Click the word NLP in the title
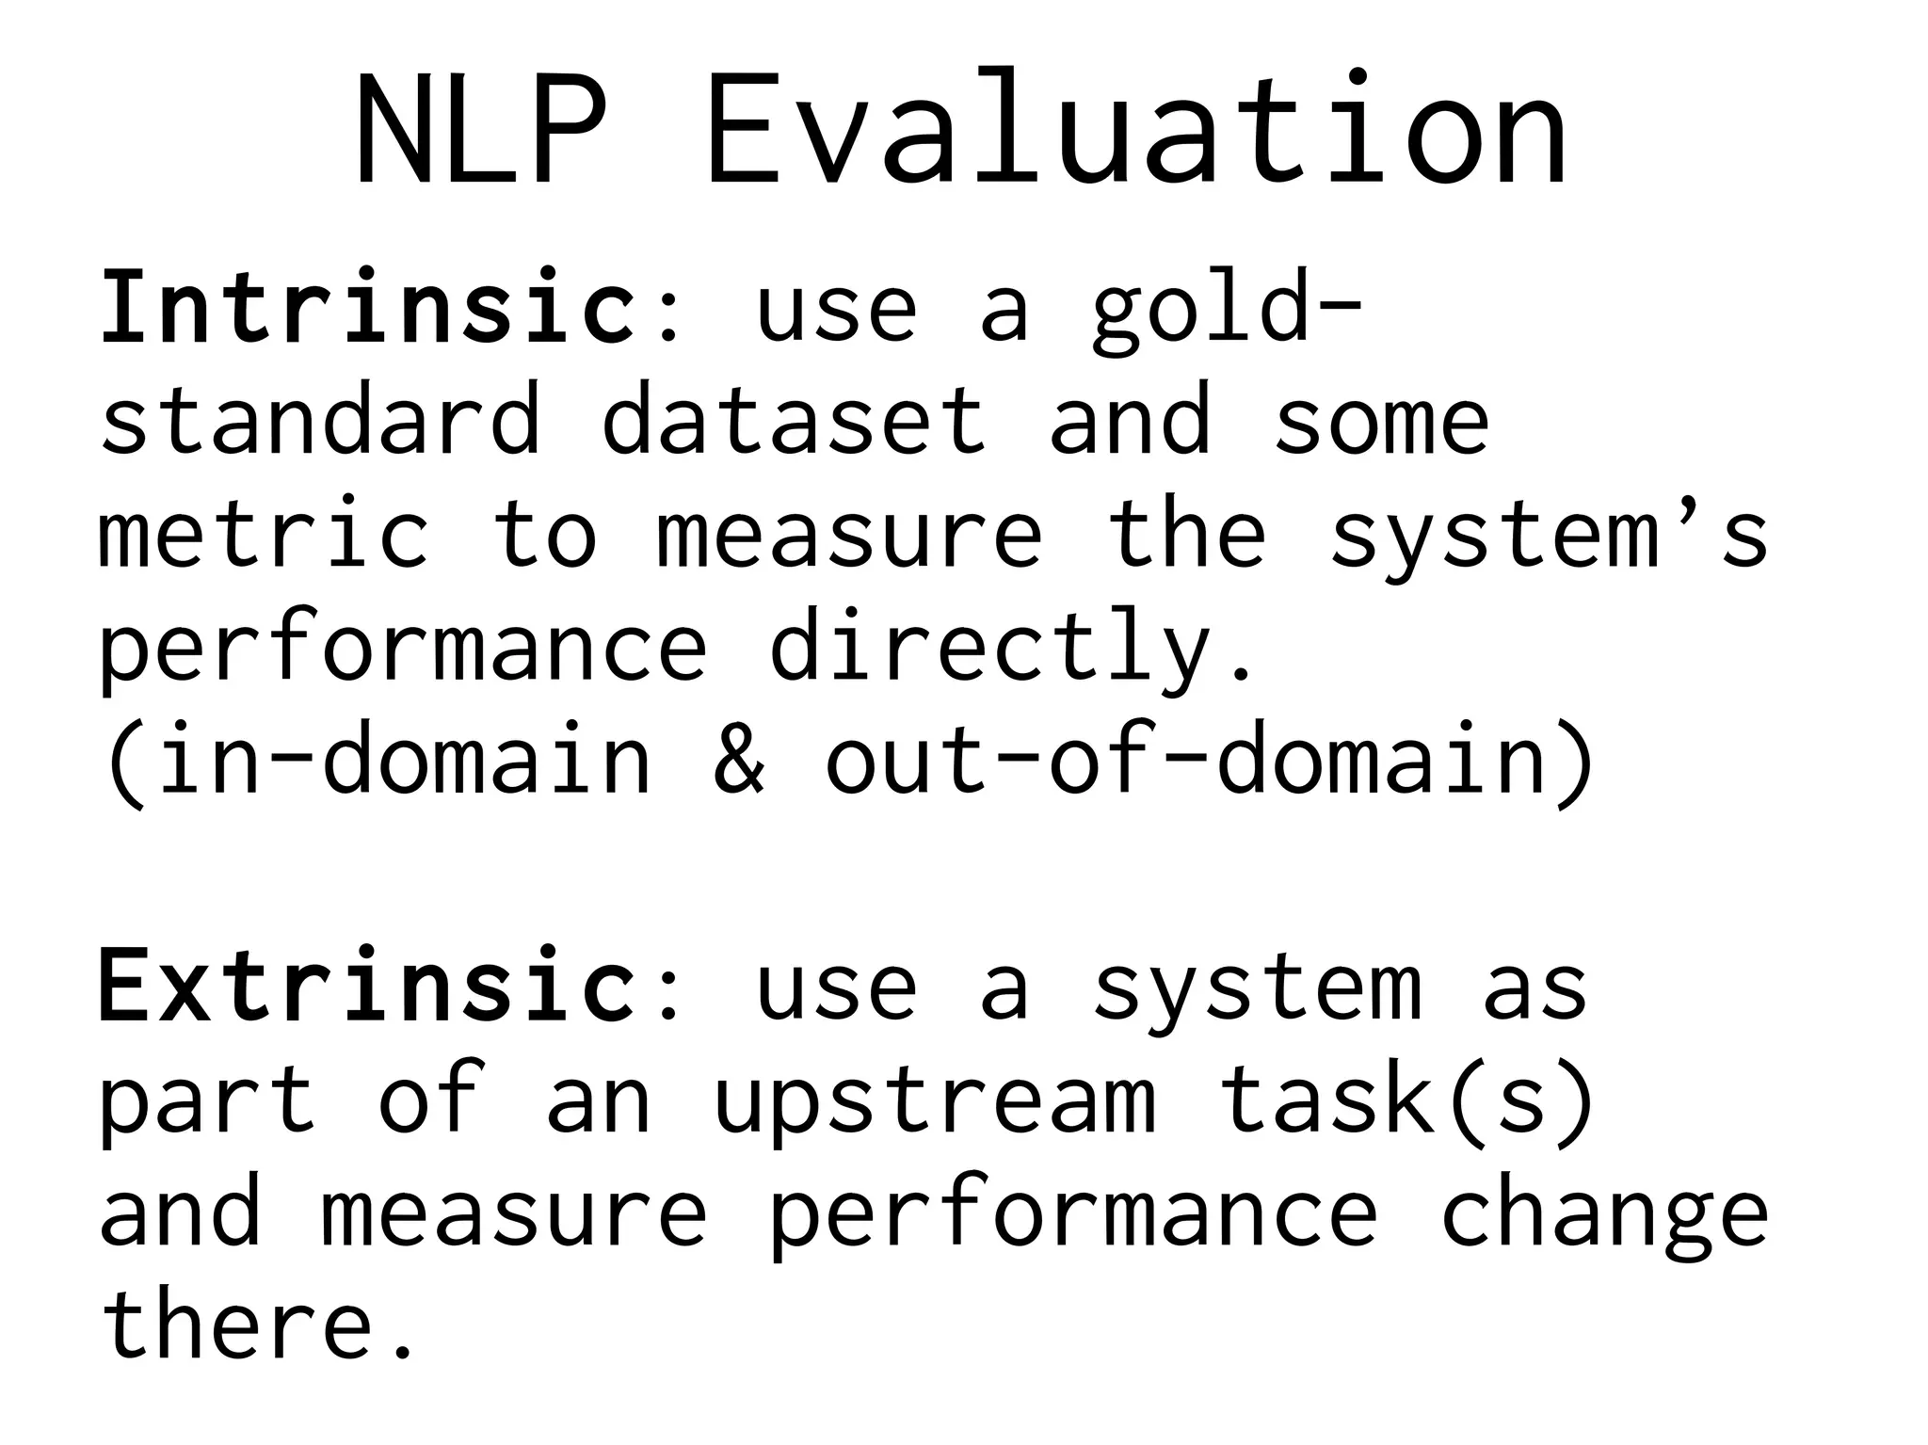[480, 130]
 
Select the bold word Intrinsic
[367, 308]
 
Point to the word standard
[320, 420]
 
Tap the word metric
[264, 534]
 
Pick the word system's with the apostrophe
[1549, 534]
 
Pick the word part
[207, 1101]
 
